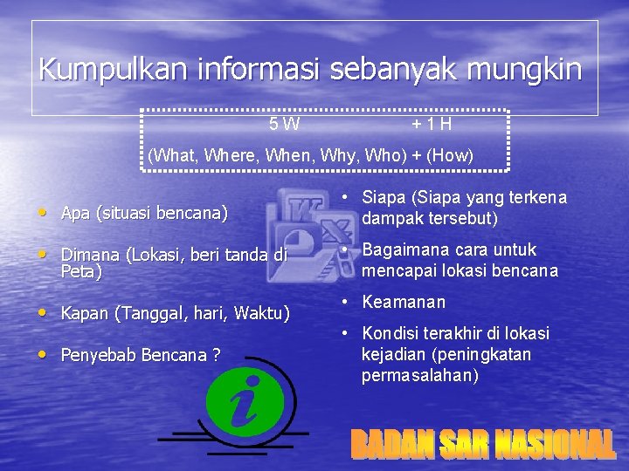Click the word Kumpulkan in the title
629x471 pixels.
pyautogui.click(x=95, y=69)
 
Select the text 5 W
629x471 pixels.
pyautogui.click(x=285, y=124)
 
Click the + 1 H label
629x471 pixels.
pyautogui.click(x=432, y=124)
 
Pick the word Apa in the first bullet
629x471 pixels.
pyautogui.click(x=76, y=212)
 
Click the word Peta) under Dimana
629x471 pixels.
pyautogui.click(x=81, y=272)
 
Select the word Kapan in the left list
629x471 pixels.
pyautogui.click(x=83, y=312)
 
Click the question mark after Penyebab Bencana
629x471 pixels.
pyautogui.click(x=215, y=355)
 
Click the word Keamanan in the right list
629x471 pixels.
pyautogui.click(x=404, y=302)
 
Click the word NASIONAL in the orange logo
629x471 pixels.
pyautogui.click(x=554, y=445)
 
